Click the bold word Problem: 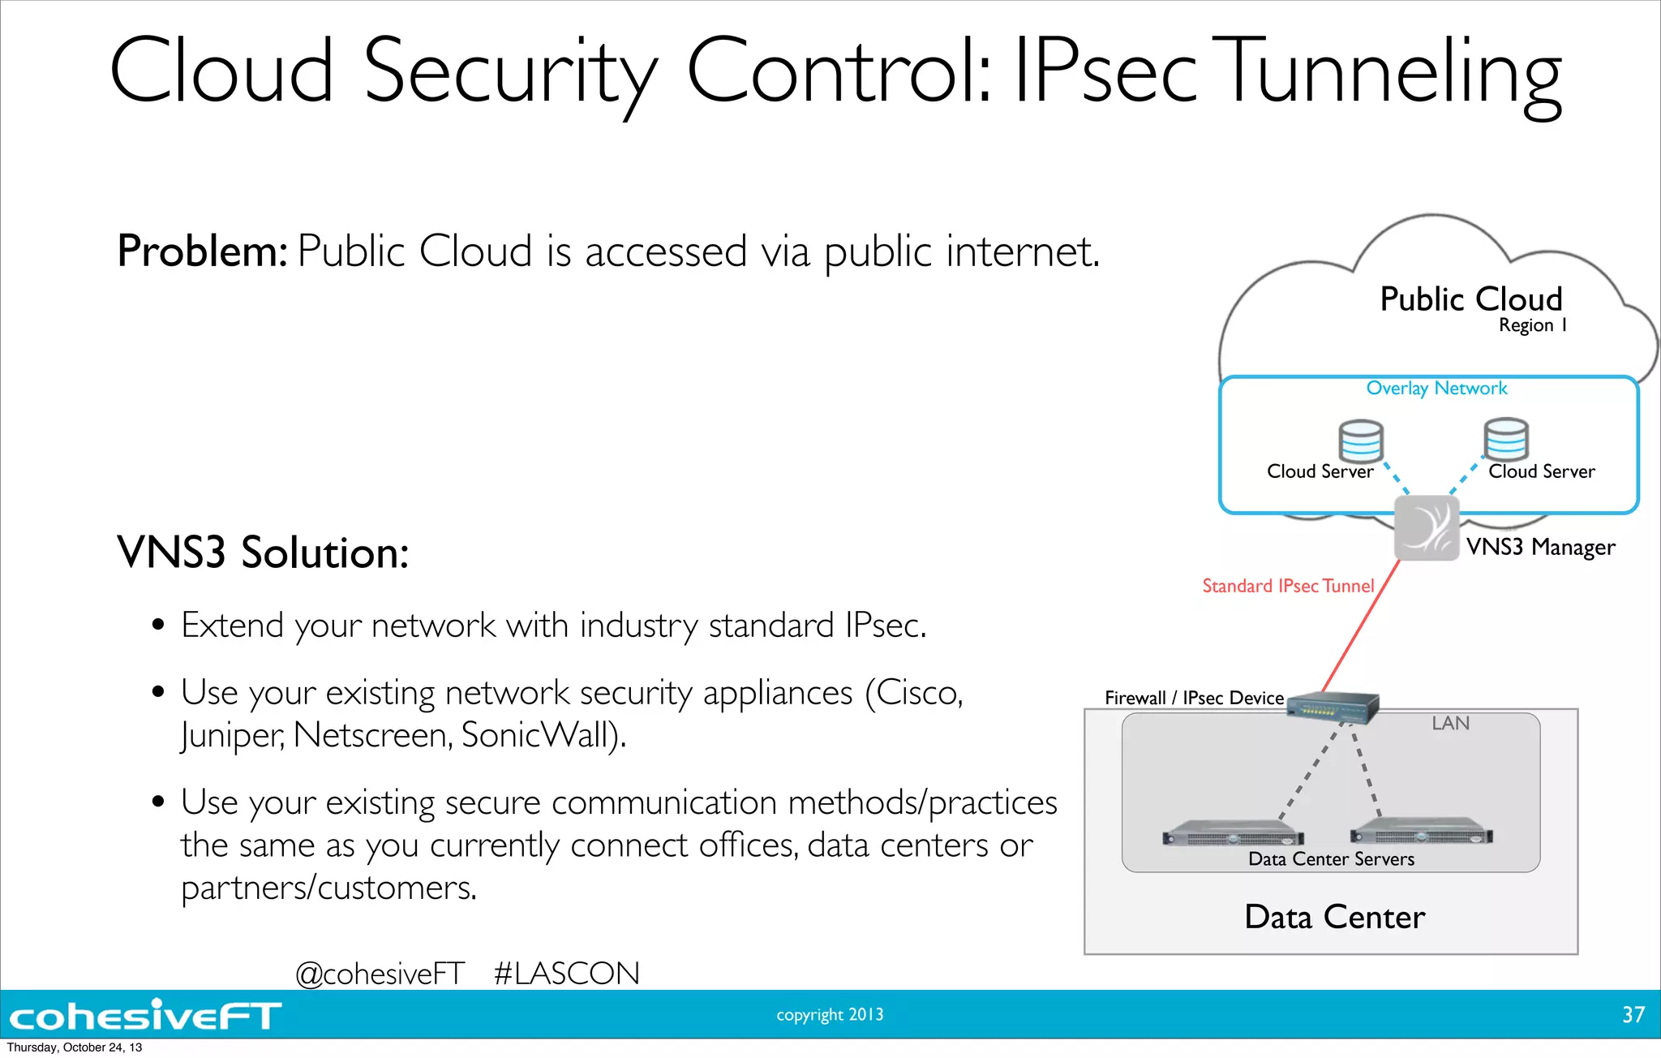202,251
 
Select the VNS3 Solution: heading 263,553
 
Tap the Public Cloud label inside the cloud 1470,299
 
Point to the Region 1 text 1532,325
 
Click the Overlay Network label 1436,389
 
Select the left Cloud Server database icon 1360,441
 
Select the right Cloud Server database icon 1506,439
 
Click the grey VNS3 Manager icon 1426,528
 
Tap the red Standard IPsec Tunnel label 1288,586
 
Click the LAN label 1450,723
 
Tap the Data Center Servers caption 1331,859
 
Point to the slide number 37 1633,1015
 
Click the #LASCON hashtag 566,974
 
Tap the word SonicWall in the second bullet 542,735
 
